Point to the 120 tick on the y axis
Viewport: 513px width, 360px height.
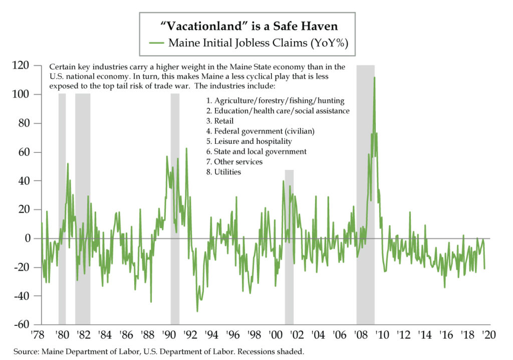[26, 66]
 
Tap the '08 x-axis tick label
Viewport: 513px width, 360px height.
[361, 334]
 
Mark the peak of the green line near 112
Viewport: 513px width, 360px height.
[374, 78]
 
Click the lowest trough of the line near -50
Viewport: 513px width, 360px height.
[197, 311]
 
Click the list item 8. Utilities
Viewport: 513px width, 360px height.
[223, 172]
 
